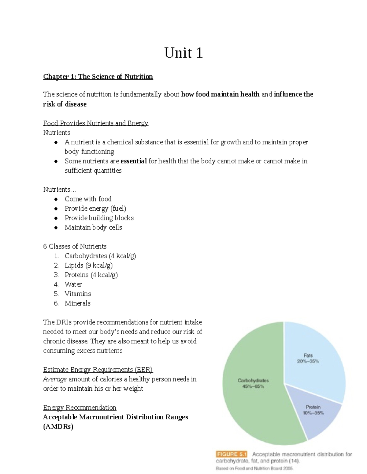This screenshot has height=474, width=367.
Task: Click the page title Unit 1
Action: (183, 53)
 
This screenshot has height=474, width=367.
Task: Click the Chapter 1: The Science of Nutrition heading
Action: (98, 77)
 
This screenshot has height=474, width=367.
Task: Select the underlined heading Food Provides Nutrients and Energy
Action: (95, 123)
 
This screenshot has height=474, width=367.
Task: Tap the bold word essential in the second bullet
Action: (134, 161)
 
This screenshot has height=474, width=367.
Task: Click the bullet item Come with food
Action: (88, 199)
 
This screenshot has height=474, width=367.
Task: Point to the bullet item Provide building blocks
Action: (99, 218)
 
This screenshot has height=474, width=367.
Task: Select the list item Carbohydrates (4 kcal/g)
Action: (100, 256)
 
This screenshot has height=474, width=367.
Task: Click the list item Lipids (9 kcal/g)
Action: (89, 265)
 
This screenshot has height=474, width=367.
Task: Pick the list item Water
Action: (73, 284)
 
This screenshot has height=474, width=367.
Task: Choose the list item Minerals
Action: (78, 303)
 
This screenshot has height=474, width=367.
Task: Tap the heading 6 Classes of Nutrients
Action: (75, 246)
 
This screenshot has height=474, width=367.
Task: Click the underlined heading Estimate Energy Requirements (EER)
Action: (98, 370)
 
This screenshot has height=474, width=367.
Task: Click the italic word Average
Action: (55, 379)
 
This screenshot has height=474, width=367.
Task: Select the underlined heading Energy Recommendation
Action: (80, 407)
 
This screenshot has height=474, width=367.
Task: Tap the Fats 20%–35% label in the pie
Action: (308, 358)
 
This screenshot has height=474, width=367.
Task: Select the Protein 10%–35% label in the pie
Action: (313, 410)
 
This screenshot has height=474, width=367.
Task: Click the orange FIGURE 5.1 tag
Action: (232, 454)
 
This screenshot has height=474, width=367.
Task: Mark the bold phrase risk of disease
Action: (65, 104)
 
